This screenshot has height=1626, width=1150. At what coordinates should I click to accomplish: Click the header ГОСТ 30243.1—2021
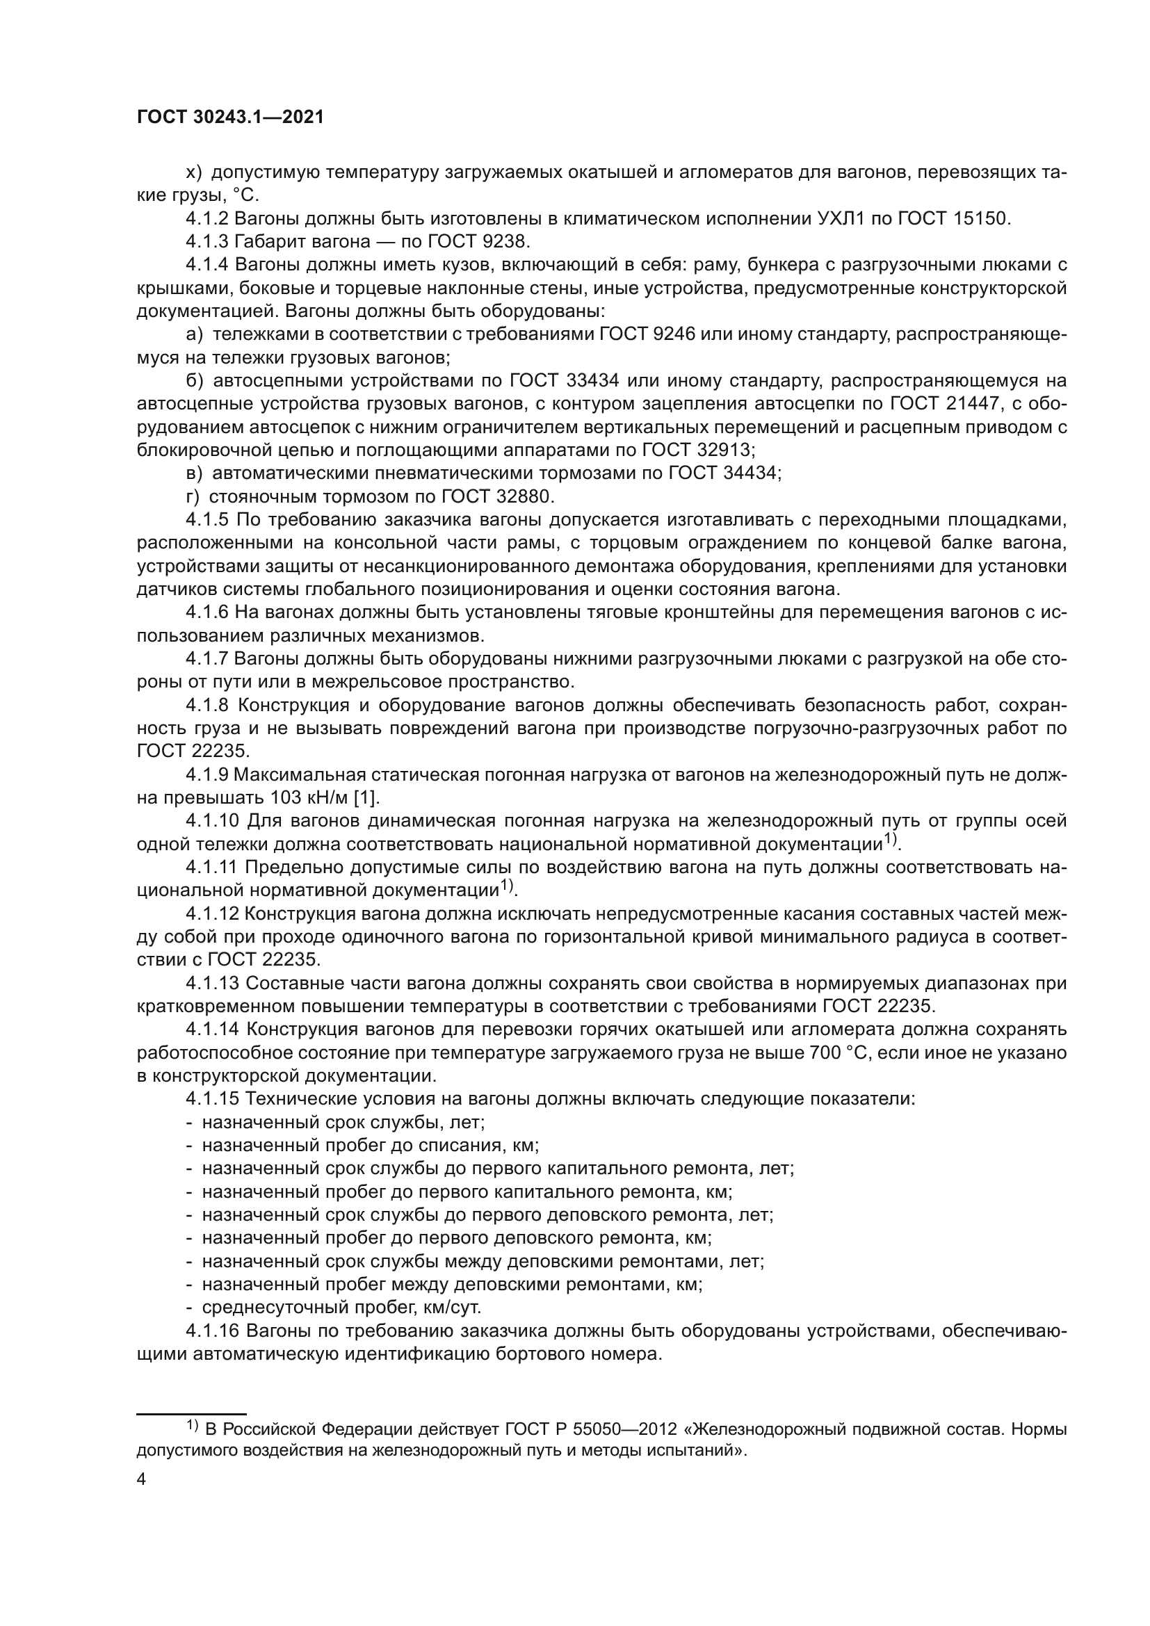[x=230, y=117]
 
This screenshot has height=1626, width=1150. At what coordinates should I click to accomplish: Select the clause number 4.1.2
[x=206, y=219]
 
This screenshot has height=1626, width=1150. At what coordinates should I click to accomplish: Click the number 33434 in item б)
[x=593, y=381]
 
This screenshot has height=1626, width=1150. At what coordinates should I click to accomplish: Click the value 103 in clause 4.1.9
[x=284, y=798]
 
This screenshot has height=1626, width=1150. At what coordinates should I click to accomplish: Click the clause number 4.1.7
[x=206, y=659]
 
